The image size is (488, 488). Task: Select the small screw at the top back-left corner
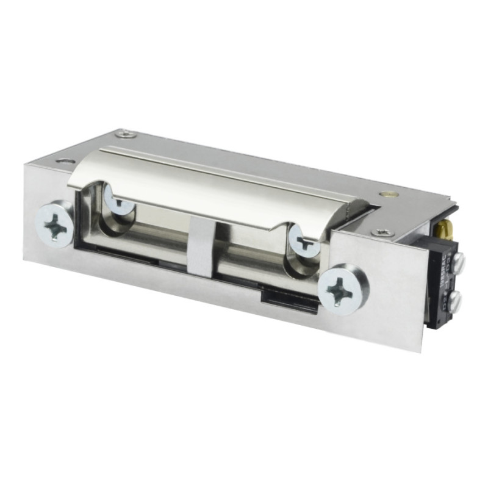pos(126,134)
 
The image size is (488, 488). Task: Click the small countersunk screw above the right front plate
pos(382,232)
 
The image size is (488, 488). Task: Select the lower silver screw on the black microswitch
pos(456,300)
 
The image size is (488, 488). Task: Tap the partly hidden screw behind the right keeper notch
pos(303,240)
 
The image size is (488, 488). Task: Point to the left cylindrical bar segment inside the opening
pos(152,235)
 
